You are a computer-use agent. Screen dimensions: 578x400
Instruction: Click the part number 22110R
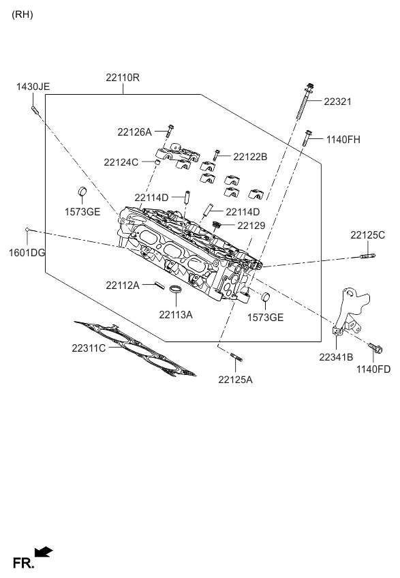click(123, 78)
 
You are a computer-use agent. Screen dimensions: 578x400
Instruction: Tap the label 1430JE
click(33, 87)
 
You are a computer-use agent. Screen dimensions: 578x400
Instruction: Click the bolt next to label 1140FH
click(308, 139)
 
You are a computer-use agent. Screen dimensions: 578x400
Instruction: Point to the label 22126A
click(134, 132)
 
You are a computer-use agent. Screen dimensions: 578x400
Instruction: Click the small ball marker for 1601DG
click(27, 230)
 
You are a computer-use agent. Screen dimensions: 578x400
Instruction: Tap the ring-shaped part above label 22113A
click(176, 293)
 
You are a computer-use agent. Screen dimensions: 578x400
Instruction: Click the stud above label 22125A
click(236, 356)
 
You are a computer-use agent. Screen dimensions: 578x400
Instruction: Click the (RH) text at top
click(22, 14)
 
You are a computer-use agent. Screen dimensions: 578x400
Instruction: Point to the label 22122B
click(250, 157)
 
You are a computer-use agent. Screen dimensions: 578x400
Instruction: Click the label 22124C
click(121, 162)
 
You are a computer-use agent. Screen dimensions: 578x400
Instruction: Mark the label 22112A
click(123, 285)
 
